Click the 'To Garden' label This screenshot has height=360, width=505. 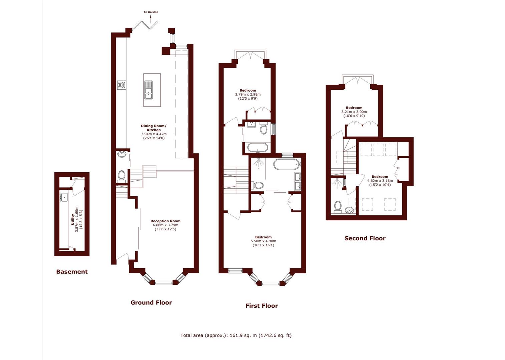point(151,12)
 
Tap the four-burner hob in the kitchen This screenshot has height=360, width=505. point(121,85)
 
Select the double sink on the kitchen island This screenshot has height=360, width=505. point(148,90)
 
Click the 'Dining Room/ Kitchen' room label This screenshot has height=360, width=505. point(153,128)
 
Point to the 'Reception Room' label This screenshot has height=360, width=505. point(165,221)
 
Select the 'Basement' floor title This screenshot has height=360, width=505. point(72,272)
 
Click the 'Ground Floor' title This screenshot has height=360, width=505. point(151,303)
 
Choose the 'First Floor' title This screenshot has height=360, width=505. point(262,306)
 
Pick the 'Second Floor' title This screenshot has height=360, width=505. point(365,238)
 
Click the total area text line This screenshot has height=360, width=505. point(236,335)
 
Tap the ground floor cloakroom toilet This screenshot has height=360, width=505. point(122,175)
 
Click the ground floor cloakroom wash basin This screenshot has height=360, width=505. point(122,154)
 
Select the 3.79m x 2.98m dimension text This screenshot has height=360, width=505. point(247,94)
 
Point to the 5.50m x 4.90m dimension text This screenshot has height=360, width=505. point(263,241)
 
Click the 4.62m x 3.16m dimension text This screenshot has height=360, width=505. point(380,181)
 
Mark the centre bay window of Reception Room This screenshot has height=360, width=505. point(163,283)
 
